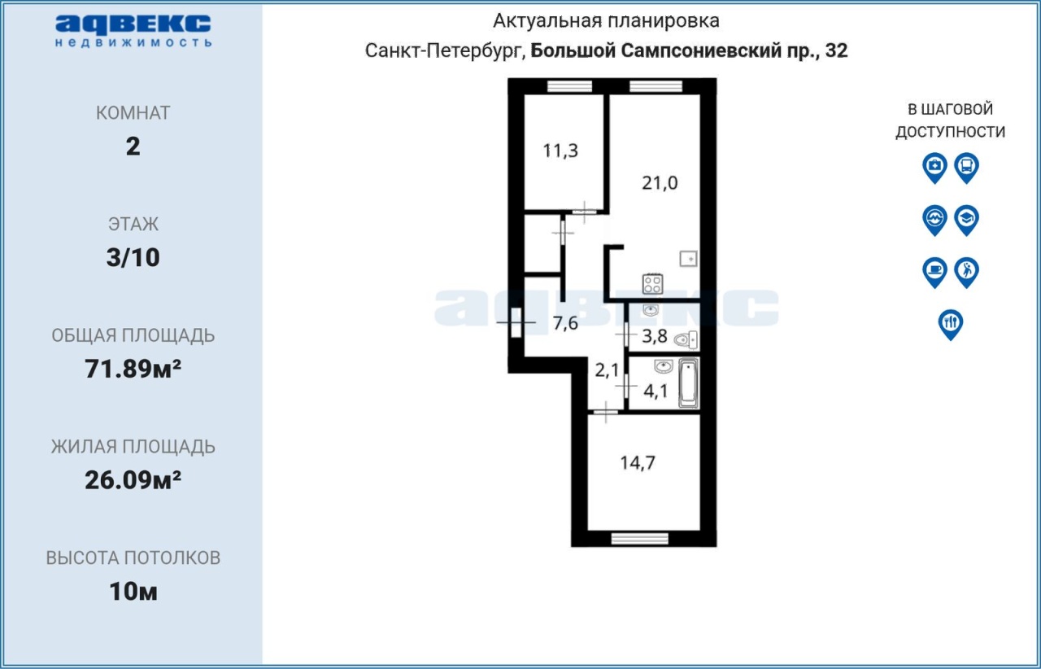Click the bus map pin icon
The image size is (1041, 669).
967,168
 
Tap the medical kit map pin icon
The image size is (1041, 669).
934,168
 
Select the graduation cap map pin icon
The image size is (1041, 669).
967,220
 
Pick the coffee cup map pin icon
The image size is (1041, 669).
934,272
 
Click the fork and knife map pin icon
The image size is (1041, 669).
951,324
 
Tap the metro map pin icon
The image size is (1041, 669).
934,220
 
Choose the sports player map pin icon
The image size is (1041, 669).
967,272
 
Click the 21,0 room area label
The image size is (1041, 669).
660,183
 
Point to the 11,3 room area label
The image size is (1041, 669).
560,151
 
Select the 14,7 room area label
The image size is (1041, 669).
638,463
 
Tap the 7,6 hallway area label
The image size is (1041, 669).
565,323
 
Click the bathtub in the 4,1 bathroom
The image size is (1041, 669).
688,383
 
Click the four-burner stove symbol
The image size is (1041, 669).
652,284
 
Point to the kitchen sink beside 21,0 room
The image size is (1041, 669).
688,259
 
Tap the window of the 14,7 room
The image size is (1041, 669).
639,539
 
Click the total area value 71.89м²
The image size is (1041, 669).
133,369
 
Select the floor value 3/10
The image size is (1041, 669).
133,257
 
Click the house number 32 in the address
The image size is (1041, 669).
837,50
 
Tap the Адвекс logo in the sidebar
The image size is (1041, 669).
133,31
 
